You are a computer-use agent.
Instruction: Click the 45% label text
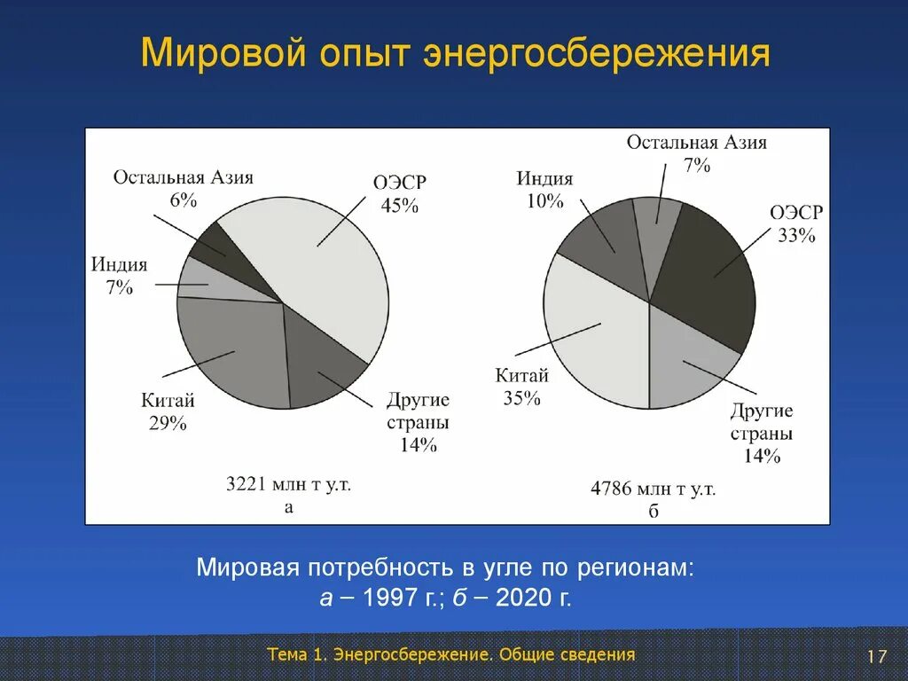pyautogui.click(x=399, y=206)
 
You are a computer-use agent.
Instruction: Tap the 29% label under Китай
pyautogui.click(x=168, y=424)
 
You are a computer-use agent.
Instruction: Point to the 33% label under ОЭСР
pyautogui.click(x=796, y=236)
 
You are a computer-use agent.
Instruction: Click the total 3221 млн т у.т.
pyautogui.click(x=289, y=485)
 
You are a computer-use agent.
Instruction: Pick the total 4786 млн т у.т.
pyautogui.click(x=654, y=489)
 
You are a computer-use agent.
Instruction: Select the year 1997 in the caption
pyautogui.click(x=394, y=599)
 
